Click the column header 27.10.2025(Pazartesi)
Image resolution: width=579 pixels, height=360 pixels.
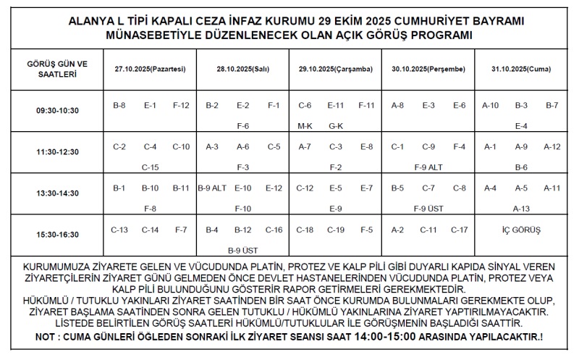(150, 69)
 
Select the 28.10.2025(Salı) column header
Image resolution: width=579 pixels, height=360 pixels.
(242, 69)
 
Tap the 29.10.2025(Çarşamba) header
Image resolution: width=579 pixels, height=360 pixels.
(335, 69)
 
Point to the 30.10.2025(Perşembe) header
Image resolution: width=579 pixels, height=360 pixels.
(428, 69)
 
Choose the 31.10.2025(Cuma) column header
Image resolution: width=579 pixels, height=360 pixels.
(520, 69)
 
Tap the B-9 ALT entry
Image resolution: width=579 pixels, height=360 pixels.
(212, 188)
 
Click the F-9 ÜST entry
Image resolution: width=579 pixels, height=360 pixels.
(428, 209)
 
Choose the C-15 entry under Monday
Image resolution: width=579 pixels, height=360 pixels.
(150, 167)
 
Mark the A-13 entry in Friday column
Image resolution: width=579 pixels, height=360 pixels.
(521, 209)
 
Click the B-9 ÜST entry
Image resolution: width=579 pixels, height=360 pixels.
(242, 251)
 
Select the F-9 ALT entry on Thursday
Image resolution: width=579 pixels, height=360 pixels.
(428, 167)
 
